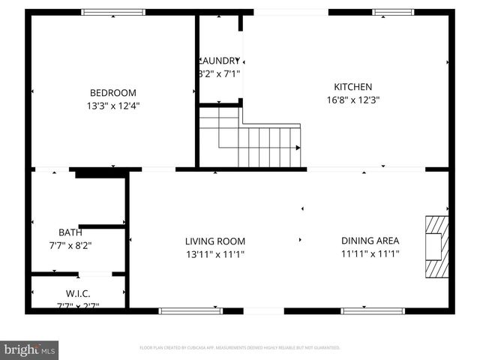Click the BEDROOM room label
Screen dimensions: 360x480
pos(113,92)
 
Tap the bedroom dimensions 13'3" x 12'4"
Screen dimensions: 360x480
pos(113,106)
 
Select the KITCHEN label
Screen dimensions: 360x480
pos(353,87)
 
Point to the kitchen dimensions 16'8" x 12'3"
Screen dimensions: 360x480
pos(353,100)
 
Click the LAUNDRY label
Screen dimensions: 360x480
pos(220,60)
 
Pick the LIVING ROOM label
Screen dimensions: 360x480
pos(215,241)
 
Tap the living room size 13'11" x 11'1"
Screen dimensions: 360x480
pos(215,254)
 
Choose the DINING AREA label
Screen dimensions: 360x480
pos(370,241)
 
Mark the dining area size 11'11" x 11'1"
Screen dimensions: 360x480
pos(370,254)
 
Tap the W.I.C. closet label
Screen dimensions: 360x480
pos(79,293)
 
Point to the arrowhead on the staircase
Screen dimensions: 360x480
pos(298,147)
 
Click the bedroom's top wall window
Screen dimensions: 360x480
pos(113,12)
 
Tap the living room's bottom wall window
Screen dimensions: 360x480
pos(190,310)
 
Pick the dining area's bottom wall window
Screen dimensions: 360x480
pos(373,310)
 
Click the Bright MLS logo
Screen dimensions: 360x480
pos(30,349)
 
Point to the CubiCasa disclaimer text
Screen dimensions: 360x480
pos(240,348)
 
